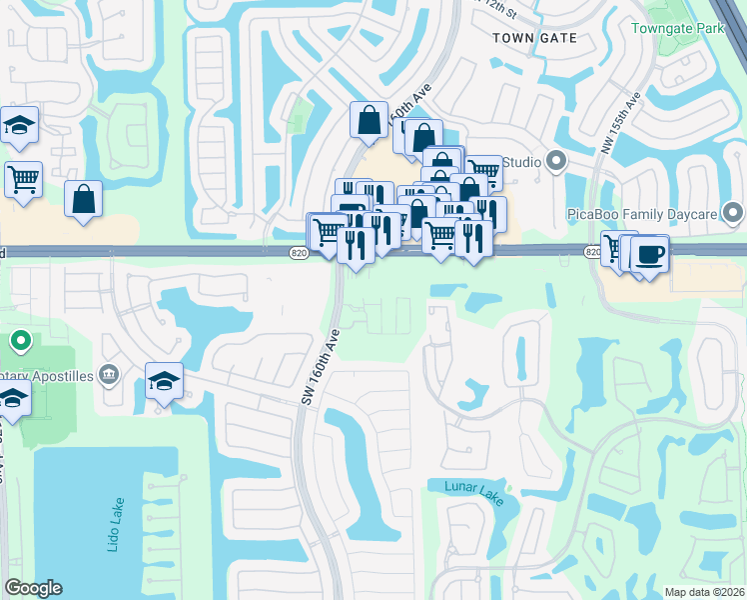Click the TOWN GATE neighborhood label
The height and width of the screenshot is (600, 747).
pos(535,37)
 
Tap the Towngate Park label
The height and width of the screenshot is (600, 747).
pos(678,28)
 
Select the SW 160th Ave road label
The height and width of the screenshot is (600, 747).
pos(322,367)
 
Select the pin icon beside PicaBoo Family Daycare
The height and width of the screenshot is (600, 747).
pos(734,213)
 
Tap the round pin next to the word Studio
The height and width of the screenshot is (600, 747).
pos(556,162)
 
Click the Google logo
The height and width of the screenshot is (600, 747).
pos(34,588)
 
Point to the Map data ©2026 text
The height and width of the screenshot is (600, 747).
pos(703,592)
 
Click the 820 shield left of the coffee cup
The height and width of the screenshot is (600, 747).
pos(593,253)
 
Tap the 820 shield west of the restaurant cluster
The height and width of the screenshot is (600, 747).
pos(299,254)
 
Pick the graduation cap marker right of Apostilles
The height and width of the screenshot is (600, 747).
pos(165,381)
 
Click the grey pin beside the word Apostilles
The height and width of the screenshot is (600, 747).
pos(110,375)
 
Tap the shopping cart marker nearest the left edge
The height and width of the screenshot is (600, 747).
pos(23,180)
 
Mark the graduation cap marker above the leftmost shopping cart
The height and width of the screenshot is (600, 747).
pos(19,125)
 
